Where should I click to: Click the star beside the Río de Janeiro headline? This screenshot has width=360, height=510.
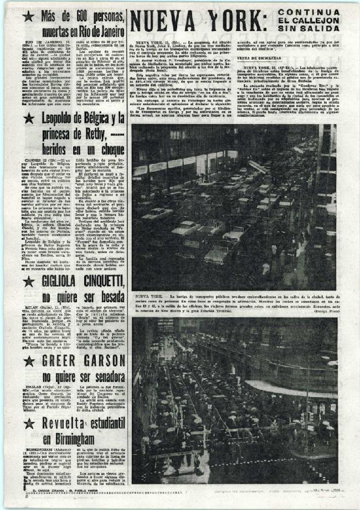pos(28,16)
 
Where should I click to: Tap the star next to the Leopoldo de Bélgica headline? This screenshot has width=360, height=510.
pos(28,117)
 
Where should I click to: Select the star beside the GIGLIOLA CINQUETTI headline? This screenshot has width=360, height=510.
pos(28,281)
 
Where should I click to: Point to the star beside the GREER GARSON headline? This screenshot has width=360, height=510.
pos(28,361)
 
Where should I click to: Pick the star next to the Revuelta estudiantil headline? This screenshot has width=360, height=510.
pos(28,424)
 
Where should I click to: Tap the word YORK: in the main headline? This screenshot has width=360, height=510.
pos(236,22)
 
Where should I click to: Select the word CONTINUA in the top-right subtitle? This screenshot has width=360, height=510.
pos(309,12)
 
